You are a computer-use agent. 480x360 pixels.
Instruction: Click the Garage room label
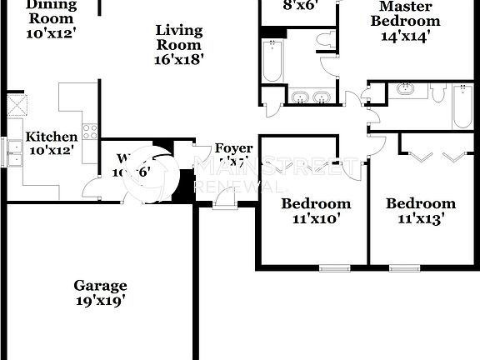[x=100, y=285]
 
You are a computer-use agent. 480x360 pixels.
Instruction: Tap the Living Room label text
[x=179, y=37]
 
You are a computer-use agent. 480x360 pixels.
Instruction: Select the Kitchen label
[x=51, y=137]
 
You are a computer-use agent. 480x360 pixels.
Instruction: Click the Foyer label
[x=233, y=148]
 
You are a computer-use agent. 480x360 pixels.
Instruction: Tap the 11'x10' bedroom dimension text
[x=316, y=220]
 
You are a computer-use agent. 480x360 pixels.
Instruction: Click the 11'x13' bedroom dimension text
[x=421, y=220]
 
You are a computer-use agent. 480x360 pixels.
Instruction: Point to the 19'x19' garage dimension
[x=100, y=302]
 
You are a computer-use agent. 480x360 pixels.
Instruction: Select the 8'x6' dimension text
[x=299, y=5]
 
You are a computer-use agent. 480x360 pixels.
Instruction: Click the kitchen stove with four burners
[x=90, y=131]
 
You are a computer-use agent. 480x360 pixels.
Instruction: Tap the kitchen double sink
[x=14, y=153]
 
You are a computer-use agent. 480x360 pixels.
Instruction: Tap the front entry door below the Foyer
[x=225, y=197]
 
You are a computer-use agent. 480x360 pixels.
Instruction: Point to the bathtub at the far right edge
[x=462, y=107]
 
